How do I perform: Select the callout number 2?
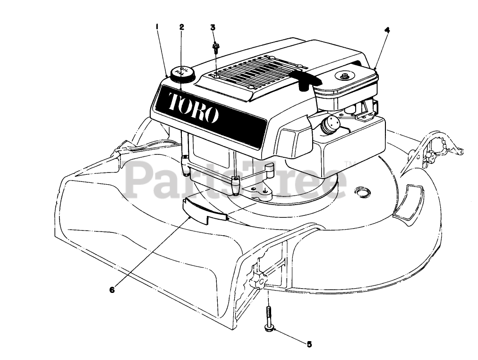pyautogui.click(x=181, y=26)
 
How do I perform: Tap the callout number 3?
pyautogui.click(x=213, y=27)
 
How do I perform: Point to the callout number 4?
pyautogui.click(x=387, y=30)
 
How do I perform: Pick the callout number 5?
pyautogui.click(x=309, y=344)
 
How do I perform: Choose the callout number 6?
pyautogui.click(x=112, y=290)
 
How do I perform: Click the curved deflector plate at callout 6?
pyautogui.click(x=198, y=209)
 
